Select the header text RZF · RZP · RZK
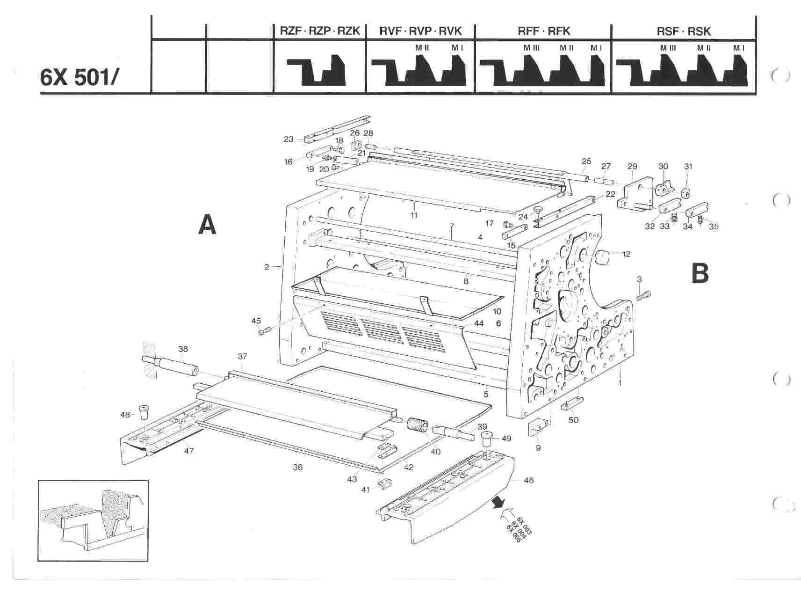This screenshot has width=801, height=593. tap(320, 31)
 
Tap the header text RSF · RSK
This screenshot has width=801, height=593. tap(683, 31)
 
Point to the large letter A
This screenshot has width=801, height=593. tap(207, 224)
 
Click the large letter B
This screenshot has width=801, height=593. tap(700, 273)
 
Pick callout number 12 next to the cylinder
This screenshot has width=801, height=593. tap(626, 254)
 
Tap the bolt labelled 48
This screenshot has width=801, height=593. tap(144, 413)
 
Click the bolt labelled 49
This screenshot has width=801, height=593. tap(489, 439)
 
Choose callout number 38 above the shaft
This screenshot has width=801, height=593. tap(183, 349)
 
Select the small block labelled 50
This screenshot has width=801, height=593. tap(572, 402)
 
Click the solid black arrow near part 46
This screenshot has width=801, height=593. tap(499, 503)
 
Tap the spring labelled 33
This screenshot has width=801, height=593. tap(674, 218)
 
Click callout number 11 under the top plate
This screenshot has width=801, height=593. tap(414, 215)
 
